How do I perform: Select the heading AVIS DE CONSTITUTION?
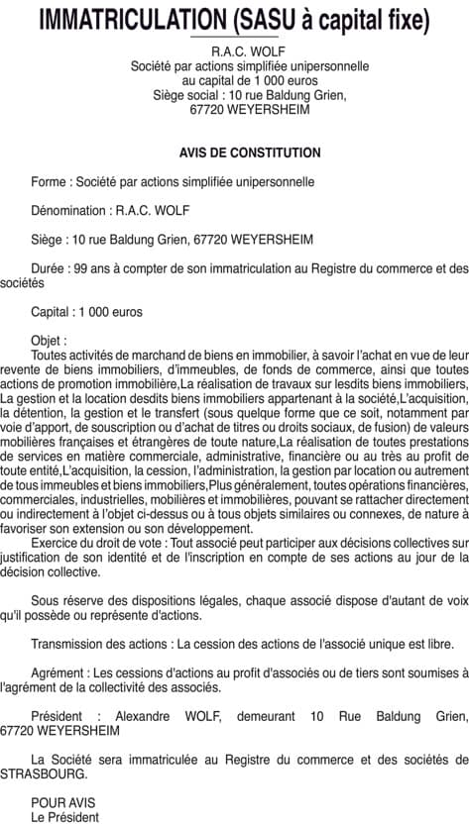coord(250,153)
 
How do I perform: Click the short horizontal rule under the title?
coord(234,37)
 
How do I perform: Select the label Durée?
coord(49,267)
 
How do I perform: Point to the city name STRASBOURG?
coord(43,774)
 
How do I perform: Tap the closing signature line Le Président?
coord(64,817)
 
